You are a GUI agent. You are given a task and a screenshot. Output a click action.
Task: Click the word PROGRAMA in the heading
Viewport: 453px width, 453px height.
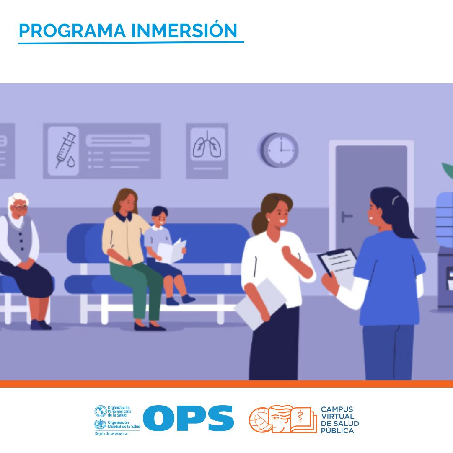pos(72,31)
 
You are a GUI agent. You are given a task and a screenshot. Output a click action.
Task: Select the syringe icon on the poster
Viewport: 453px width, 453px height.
pos(65,150)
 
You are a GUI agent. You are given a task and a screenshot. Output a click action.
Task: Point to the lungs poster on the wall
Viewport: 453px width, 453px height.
pos(207,151)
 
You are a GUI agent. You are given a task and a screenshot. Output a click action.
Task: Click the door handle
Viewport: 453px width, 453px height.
pos(346,216)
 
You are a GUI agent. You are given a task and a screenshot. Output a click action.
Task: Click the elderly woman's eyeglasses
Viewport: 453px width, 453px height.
pos(21,207)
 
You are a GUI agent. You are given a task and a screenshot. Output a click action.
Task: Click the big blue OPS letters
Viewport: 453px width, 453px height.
pos(188,418)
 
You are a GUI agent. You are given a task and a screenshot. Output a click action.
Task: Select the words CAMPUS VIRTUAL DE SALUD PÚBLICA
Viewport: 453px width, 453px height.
pos(340,420)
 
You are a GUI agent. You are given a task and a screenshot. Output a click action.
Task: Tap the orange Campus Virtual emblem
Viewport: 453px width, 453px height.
pos(283,419)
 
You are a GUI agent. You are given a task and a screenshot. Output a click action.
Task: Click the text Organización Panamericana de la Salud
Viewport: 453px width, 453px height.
pos(119,411)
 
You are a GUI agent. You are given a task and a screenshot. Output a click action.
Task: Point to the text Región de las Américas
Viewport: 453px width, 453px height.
pos(111,433)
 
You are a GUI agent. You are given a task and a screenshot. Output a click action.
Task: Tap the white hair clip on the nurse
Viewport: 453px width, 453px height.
pos(395,199)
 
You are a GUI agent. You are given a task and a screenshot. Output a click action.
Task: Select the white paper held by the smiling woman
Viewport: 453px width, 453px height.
pos(261,304)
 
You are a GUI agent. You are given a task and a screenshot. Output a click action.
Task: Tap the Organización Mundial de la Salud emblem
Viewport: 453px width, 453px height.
pos(100,425)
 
